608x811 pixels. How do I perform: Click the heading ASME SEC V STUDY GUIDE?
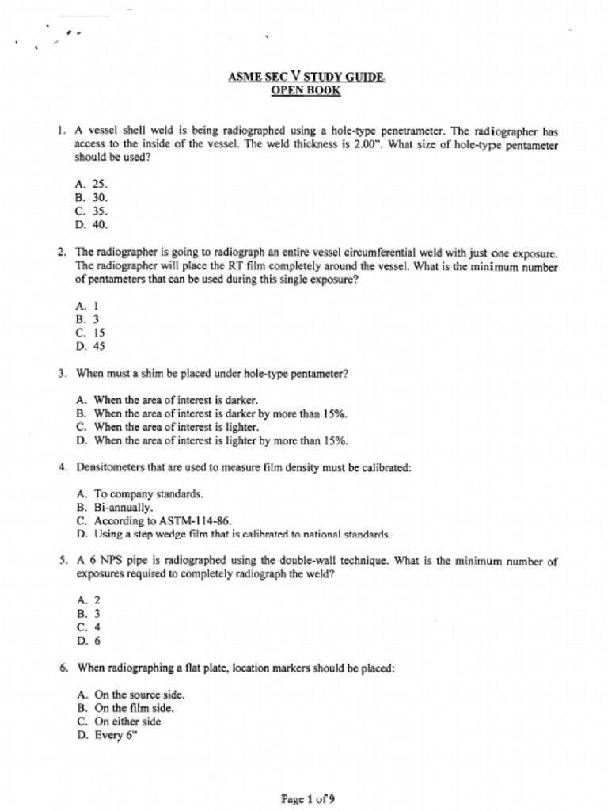306,77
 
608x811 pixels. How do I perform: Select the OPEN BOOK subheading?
306,90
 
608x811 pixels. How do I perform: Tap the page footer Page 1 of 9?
307,798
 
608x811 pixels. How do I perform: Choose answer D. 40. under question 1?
92,225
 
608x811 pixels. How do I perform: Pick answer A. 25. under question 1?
92,183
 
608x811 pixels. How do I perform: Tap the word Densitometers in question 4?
109,467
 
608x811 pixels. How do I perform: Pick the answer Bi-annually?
115,508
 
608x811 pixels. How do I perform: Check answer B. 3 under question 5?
88,614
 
